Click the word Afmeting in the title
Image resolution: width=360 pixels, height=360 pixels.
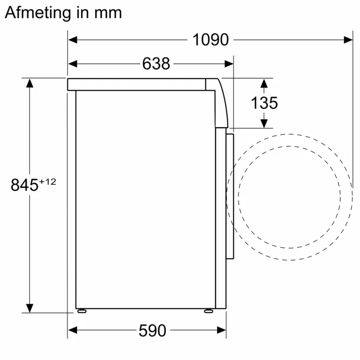[x=38, y=13]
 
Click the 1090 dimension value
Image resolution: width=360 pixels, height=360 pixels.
[x=210, y=40]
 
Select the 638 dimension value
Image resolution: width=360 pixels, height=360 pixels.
[x=156, y=64]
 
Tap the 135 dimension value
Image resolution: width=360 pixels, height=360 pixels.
[x=264, y=103]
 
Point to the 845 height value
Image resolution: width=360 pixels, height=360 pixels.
[x=25, y=185]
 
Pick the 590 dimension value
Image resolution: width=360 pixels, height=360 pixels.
[x=152, y=331]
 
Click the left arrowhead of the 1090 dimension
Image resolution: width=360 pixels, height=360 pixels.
[x=73, y=40]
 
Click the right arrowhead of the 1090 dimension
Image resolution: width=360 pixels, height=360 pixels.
[x=348, y=40]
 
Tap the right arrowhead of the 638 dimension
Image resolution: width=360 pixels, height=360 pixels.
[x=229, y=64]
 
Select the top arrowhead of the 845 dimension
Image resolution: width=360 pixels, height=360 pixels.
[x=30, y=83]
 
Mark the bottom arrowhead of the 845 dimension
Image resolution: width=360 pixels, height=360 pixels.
[x=30, y=308]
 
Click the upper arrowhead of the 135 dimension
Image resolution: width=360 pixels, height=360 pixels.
[x=264, y=83]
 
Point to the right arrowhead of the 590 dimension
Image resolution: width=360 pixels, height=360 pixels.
[x=222, y=330]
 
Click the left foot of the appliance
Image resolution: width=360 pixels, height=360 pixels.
[x=82, y=311]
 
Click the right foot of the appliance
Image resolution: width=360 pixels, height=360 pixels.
[x=207, y=311]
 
